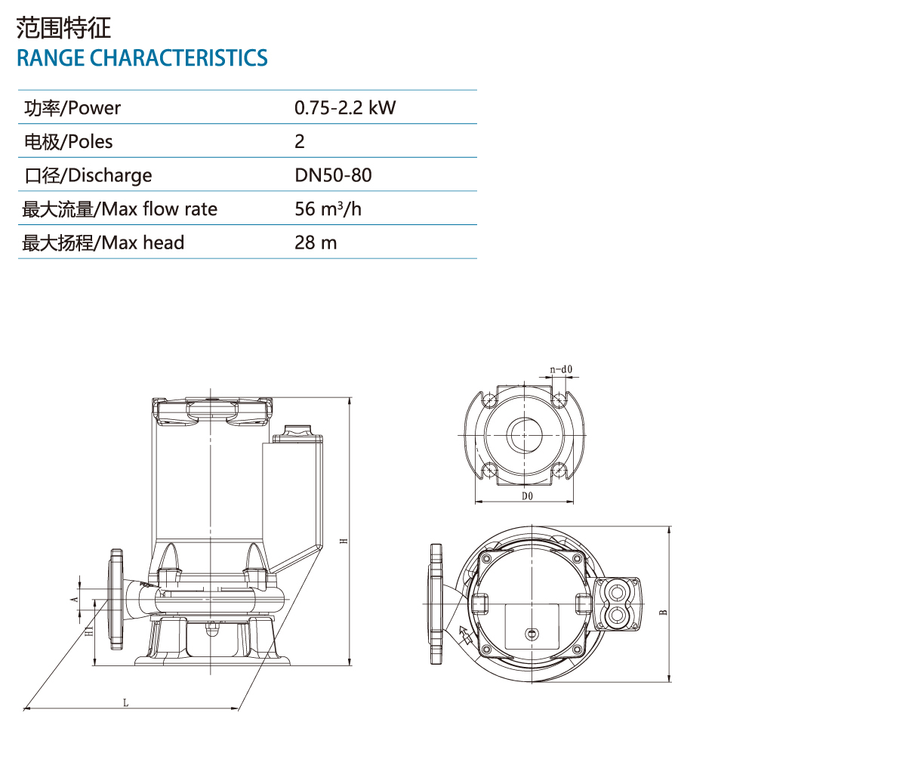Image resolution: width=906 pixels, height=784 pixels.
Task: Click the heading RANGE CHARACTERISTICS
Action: (142, 58)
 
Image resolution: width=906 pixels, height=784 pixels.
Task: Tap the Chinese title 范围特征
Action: (63, 28)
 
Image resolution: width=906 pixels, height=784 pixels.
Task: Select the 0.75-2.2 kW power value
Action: (345, 108)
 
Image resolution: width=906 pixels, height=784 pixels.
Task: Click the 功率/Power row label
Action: (72, 108)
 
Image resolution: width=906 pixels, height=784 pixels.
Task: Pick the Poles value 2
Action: (300, 142)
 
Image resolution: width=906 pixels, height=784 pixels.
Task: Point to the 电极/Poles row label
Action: (69, 142)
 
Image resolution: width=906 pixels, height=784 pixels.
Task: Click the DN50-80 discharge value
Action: (333, 175)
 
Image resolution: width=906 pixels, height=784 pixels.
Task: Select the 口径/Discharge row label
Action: (88, 176)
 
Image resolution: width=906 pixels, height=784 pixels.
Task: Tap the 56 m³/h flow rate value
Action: (328, 209)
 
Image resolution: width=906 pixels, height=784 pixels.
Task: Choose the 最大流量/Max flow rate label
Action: (119, 209)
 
